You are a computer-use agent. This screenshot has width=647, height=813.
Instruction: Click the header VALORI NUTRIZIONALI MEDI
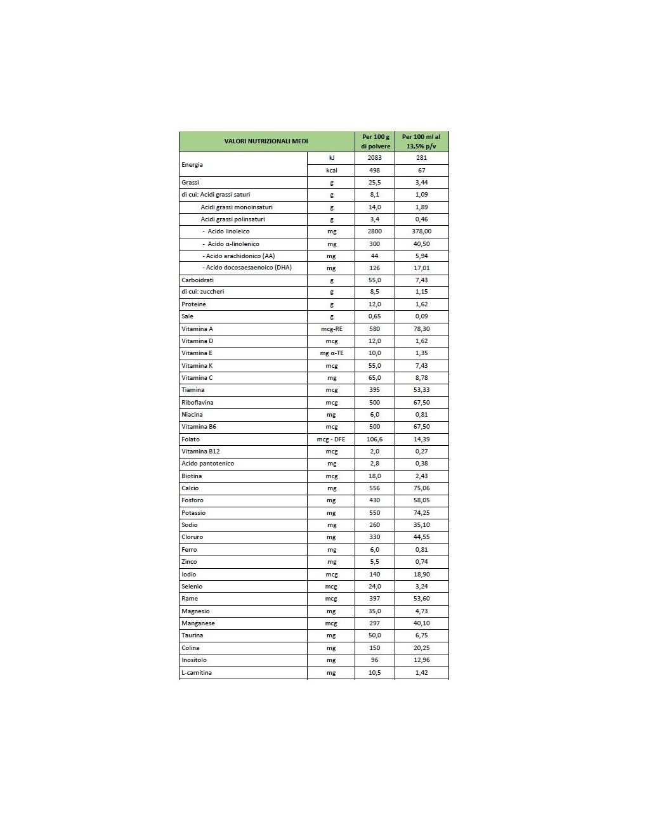pyautogui.click(x=266, y=141)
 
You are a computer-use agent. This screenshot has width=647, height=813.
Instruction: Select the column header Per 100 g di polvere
pyautogui.click(x=375, y=141)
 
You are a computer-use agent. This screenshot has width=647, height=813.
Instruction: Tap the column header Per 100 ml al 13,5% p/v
pyautogui.click(x=421, y=141)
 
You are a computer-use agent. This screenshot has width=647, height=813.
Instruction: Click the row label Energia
pyautogui.click(x=192, y=164)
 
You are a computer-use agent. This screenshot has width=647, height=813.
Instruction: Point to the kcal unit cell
pyautogui.click(x=331, y=170)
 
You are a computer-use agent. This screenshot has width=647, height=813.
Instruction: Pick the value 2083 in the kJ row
pyautogui.click(x=375, y=157)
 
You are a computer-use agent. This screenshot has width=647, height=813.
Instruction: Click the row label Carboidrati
pyautogui.click(x=198, y=280)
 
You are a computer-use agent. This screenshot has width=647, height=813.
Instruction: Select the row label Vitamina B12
pyautogui.click(x=200, y=452)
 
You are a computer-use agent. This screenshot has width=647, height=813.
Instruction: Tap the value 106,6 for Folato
pyautogui.click(x=375, y=439)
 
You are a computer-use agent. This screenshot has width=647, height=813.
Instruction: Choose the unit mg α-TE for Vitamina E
pyautogui.click(x=331, y=353)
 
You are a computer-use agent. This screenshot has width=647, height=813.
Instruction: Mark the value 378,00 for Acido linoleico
pyautogui.click(x=421, y=231)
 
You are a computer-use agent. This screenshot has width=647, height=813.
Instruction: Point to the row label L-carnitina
pyautogui.click(x=197, y=672)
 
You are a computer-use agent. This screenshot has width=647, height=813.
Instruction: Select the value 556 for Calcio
pyautogui.click(x=375, y=488)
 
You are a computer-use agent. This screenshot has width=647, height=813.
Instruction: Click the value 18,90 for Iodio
pyautogui.click(x=421, y=574)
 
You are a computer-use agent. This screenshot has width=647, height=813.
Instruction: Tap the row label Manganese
pyautogui.click(x=197, y=623)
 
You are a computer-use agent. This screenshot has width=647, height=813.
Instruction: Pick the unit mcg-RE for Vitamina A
pyautogui.click(x=331, y=329)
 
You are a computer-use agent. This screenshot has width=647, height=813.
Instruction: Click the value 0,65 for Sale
pyautogui.click(x=375, y=316)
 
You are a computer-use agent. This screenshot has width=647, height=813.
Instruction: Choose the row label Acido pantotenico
pyautogui.click(x=207, y=464)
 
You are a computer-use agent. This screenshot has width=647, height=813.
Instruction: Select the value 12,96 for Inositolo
pyautogui.click(x=421, y=660)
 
